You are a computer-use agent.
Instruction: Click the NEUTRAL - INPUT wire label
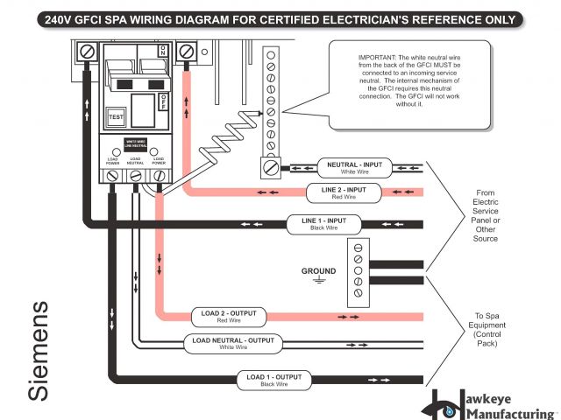(354, 168)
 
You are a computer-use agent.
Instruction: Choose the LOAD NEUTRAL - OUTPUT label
(233, 343)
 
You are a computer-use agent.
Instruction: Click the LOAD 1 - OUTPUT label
(274, 379)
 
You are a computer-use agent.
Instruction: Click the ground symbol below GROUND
(319, 281)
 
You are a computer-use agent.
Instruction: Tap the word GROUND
(319, 270)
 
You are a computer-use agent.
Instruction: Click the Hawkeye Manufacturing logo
(490, 402)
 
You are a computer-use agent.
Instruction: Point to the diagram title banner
(280, 17)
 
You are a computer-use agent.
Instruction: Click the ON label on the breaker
(162, 51)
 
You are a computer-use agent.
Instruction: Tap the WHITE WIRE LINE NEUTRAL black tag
(135, 143)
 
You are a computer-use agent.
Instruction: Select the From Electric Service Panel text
(486, 216)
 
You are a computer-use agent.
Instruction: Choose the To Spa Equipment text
(485, 329)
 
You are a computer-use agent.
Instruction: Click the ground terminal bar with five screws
(358, 272)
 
